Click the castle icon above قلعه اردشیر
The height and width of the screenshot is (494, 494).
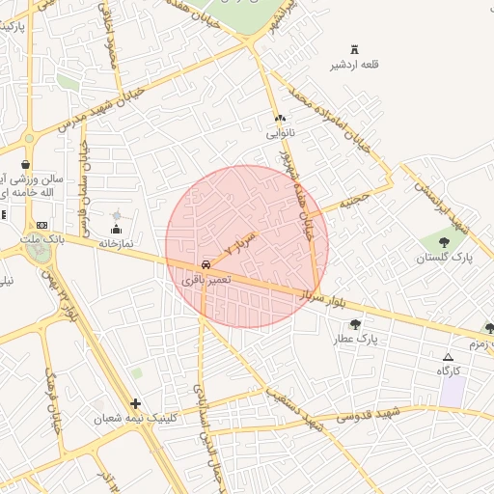365,48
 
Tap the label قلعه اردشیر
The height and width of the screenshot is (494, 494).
365,65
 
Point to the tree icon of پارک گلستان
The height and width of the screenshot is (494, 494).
444,242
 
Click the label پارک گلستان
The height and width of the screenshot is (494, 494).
445,258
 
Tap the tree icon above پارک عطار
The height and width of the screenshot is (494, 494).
355,324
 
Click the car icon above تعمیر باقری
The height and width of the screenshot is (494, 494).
206,263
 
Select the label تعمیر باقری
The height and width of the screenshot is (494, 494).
206,279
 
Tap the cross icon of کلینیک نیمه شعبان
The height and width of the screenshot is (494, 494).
135,403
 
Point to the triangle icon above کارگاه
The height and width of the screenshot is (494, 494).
448,357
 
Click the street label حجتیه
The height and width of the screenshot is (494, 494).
354,201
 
